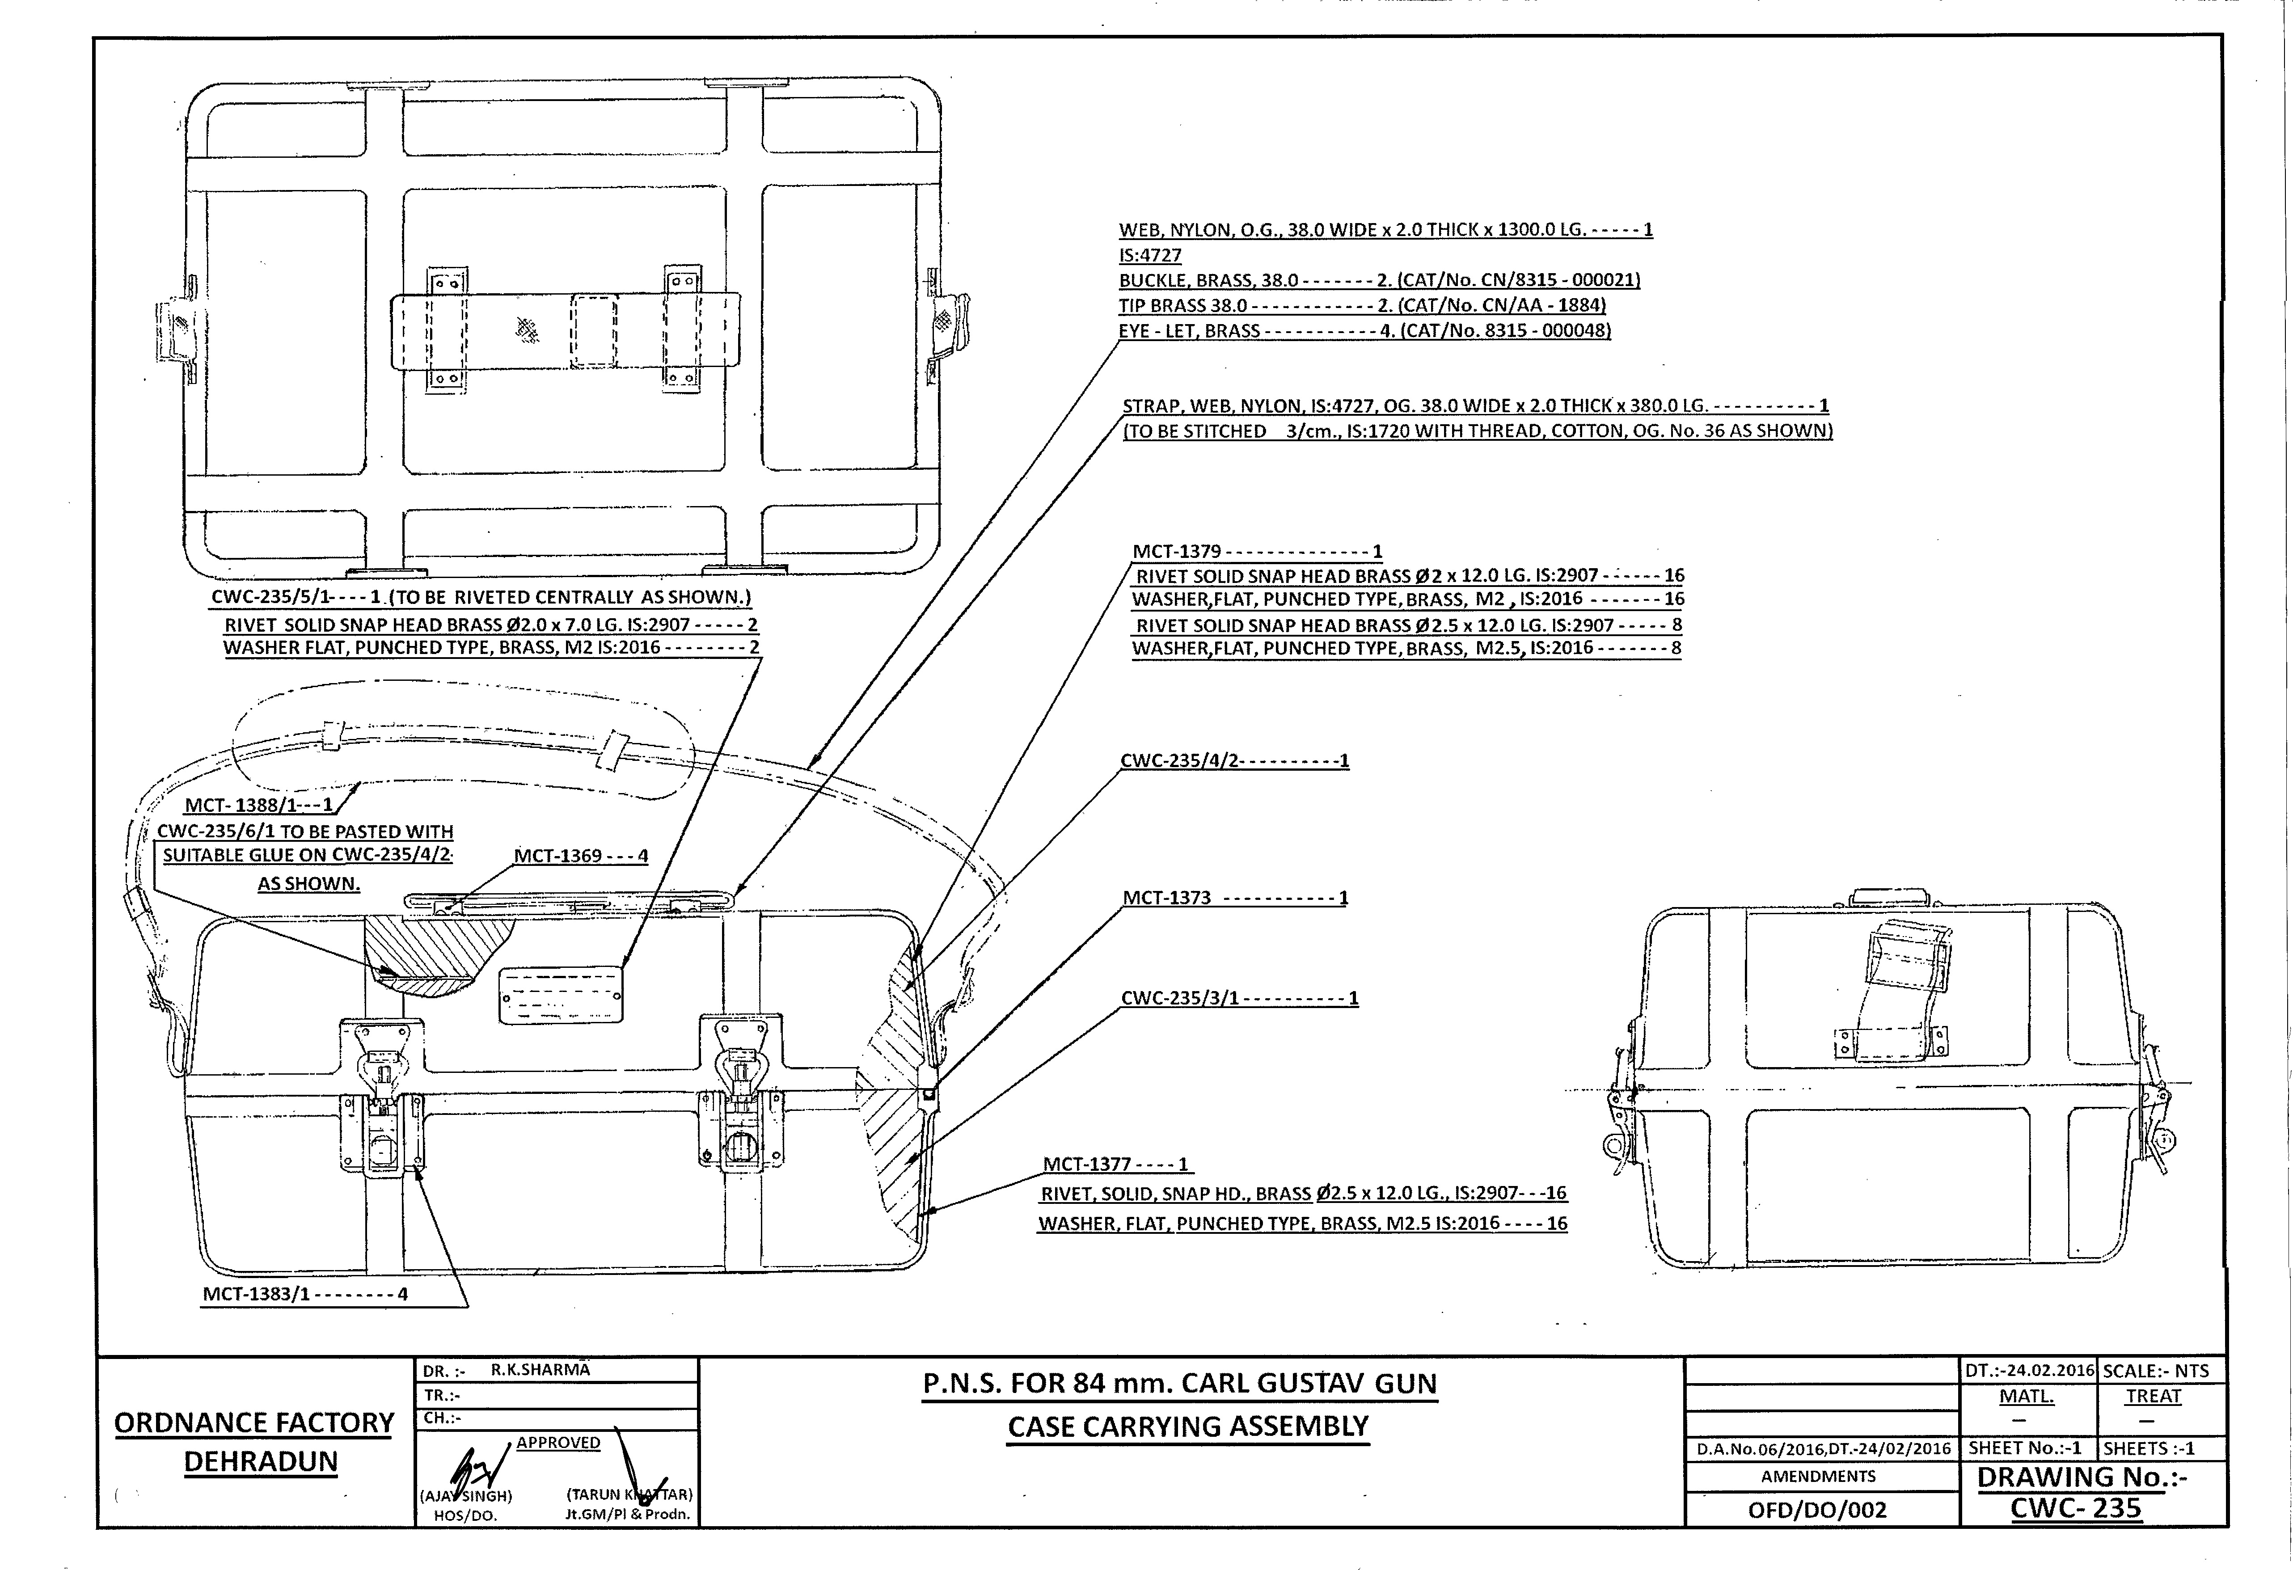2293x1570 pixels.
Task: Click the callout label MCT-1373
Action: [x=1167, y=898]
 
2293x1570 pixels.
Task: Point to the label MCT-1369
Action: [x=557, y=856]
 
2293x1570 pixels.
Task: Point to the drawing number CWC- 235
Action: [x=2076, y=1508]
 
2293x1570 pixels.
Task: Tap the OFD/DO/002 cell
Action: [x=1817, y=1509]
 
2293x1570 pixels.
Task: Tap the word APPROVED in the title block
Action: [x=558, y=1443]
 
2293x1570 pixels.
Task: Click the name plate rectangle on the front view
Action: [x=561, y=996]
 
